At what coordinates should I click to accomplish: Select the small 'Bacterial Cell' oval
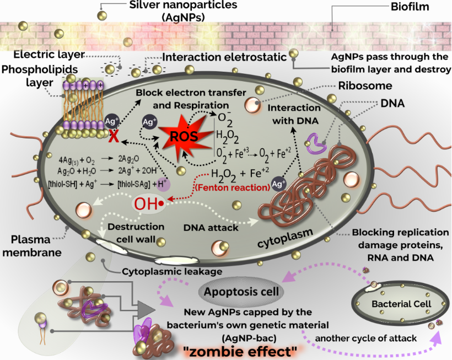[391, 304]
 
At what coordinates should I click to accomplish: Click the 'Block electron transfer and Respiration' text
[182, 99]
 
